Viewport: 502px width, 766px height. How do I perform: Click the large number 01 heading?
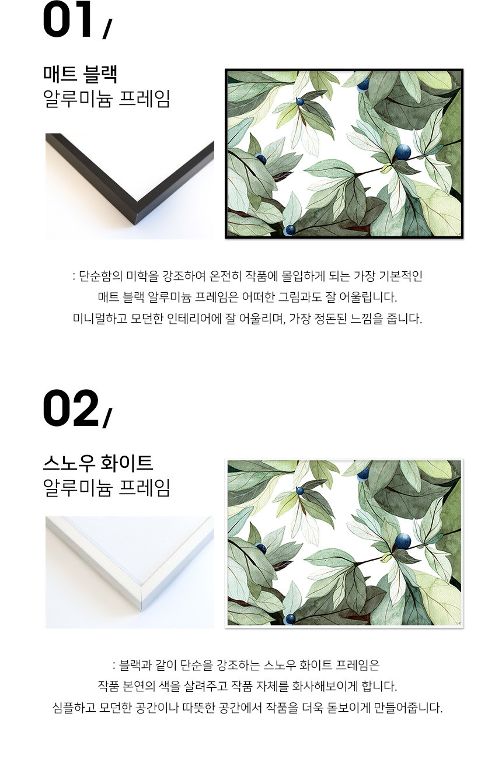point(68,19)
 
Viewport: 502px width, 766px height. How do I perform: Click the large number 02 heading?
point(71,408)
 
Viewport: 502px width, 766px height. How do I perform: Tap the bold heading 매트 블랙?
point(81,74)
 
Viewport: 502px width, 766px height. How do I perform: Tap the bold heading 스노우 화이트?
point(98,463)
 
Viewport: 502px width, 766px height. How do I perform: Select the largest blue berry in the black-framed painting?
point(403,152)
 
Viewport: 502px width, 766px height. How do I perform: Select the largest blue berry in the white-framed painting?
point(403,541)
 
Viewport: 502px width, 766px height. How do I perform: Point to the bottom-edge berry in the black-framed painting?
point(290,230)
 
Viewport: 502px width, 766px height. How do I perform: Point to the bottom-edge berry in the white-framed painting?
point(290,620)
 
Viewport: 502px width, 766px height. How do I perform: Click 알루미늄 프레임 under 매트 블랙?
point(106,99)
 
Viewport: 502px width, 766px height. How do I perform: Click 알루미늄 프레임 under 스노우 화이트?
point(106,488)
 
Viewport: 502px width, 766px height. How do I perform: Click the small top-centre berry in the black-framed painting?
point(300,102)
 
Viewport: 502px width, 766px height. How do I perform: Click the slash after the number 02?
point(107,418)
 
